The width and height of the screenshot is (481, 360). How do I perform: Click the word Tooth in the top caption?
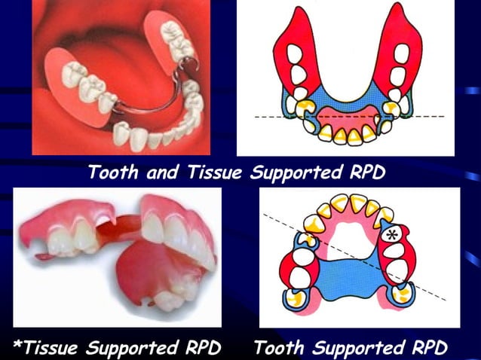(x=112, y=172)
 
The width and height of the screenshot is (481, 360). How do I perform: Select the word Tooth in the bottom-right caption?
(x=280, y=347)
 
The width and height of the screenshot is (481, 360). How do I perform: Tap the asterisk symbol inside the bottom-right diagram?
(x=391, y=235)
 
